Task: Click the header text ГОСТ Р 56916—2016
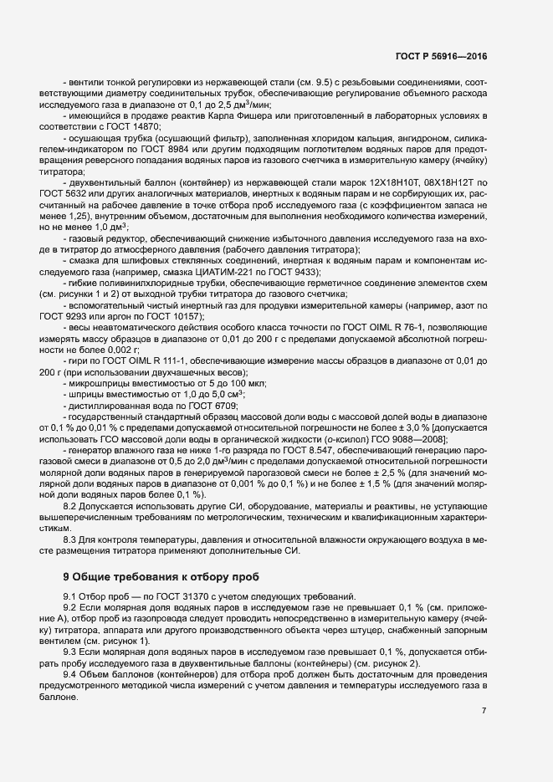click(441, 57)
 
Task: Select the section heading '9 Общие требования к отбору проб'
click(161, 576)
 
